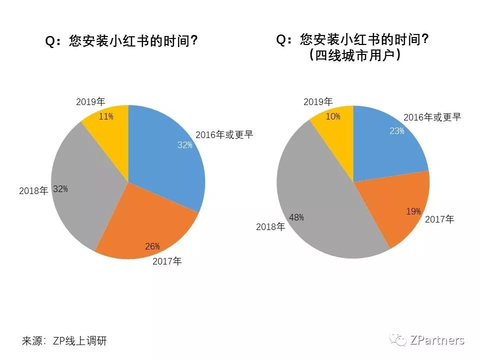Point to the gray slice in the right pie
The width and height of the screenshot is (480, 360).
[320, 200]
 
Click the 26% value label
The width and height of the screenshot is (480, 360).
[152, 246]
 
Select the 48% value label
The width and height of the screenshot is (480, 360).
[296, 217]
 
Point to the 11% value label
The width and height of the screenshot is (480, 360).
[106, 116]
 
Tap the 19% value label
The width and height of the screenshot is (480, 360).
[413, 211]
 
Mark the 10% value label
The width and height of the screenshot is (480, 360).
[333, 116]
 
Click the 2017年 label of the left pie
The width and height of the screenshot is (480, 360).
[167, 260]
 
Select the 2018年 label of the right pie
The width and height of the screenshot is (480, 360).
[270, 227]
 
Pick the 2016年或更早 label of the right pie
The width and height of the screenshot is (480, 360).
[431, 117]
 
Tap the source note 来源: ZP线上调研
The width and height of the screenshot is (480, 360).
[64, 341]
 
